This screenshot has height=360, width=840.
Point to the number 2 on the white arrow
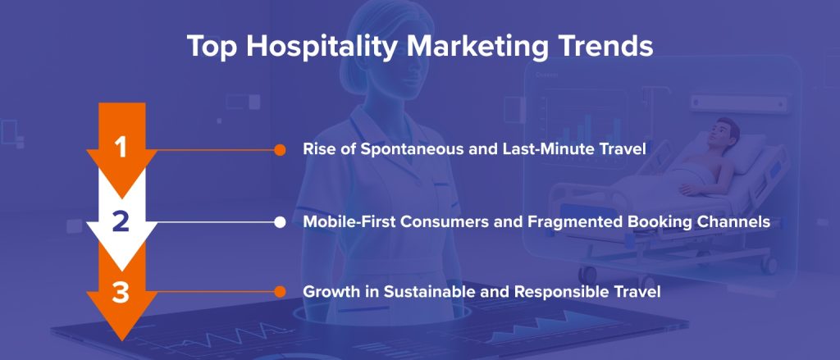pyautogui.click(x=121, y=221)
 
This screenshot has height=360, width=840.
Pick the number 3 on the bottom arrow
pyautogui.click(x=121, y=293)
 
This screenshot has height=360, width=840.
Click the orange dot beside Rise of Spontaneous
pyautogui.click(x=280, y=150)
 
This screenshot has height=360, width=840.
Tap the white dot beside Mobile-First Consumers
pyautogui.click(x=280, y=221)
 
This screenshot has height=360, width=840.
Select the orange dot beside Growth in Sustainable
pyautogui.click(x=280, y=292)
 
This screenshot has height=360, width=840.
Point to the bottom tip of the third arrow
pyautogui.click(x=121, y=340)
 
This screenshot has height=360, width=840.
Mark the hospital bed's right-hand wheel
pyautogui.click(x=769, y=265)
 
